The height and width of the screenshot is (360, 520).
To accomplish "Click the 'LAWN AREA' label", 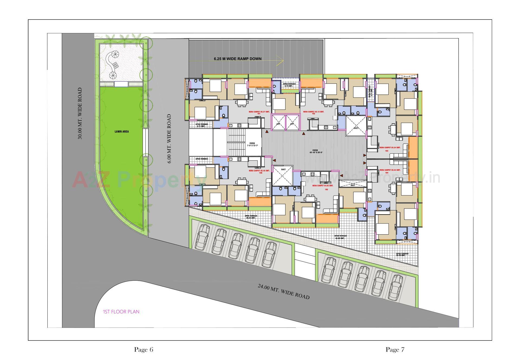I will point(122,132).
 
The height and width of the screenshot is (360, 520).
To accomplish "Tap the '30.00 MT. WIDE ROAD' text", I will point(80,113).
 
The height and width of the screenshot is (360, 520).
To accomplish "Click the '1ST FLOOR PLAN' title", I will point(121,312).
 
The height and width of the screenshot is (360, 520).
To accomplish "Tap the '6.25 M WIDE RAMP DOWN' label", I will point(238,59).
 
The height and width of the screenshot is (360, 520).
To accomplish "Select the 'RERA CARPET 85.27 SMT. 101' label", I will point(259,112).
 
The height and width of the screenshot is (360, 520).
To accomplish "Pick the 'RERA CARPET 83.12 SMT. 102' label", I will point(313,112).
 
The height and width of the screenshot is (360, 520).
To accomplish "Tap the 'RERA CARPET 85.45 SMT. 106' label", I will point(259,171).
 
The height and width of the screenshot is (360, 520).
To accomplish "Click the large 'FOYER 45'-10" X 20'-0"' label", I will point(315,151).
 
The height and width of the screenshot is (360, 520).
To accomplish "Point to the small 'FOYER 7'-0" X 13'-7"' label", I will point(252,144).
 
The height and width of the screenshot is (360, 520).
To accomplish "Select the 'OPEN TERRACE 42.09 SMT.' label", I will point(340,237).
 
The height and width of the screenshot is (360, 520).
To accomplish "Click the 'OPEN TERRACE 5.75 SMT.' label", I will point(289,85).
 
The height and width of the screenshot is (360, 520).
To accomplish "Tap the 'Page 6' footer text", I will point(144,350).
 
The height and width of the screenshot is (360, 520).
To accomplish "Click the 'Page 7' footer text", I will point(395,350).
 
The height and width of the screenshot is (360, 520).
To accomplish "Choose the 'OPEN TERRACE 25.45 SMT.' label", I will point(402,255).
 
